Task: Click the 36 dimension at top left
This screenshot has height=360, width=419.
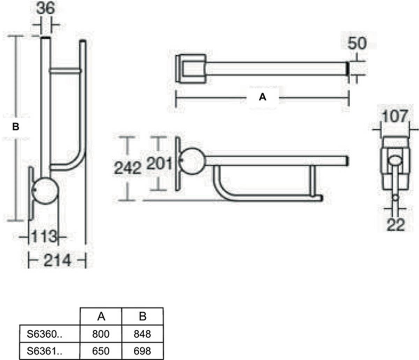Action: tap(46, 8)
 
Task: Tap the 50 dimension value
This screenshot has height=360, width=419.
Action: tap(357, 43)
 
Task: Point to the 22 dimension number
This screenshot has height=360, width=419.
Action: tap(396, 225)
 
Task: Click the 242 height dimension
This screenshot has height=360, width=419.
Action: tap(127, 168)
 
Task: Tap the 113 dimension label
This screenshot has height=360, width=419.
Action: tap(44, 237)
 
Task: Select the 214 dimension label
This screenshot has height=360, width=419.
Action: tap(57, 260)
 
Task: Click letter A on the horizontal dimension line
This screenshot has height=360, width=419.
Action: tap(263, 97)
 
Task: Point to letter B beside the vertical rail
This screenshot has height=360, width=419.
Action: tap(16, 127)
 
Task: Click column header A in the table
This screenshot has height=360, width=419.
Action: tap(101, 316)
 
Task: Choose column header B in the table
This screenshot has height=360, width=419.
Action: tap(143, 316)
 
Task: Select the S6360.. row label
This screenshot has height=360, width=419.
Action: tap(44, 334)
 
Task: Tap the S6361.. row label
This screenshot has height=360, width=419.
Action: tap(44, 351)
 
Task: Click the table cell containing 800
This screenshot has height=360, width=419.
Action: tap(101, 334)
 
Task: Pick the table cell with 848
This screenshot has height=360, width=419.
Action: tap(142, 334)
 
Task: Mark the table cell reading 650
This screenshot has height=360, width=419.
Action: tap(101, 351)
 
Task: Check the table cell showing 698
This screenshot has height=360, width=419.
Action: tap(142, 351)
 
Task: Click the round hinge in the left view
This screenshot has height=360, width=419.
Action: tap(45, 191)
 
